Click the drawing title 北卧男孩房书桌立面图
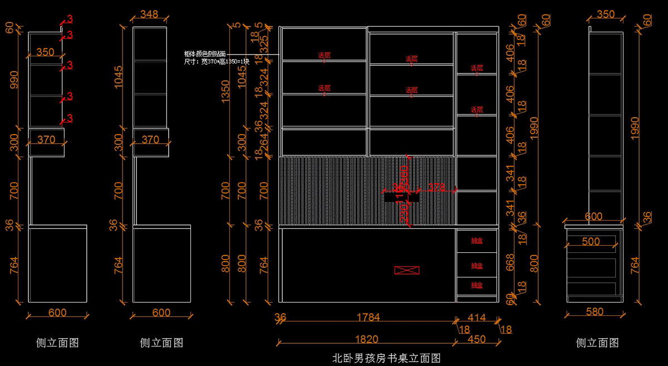(x=386, y=358)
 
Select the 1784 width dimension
(x=368, y=318)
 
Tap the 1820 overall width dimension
(x=366, y=339)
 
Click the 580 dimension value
(x=595, y=312)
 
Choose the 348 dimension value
(x=149, y=14)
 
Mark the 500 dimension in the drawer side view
(x=591, y=242)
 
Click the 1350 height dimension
(x=225, y=90)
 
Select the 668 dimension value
(x=522, y=262)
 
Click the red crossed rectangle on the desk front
(x=407, y=270)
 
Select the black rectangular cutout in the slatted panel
(x=401, y=197)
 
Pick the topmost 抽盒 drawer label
(x=477, y=241)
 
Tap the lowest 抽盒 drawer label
(x=477, y=285)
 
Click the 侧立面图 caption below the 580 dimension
(x=597, y=343)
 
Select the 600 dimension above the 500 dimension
(x=593, y=216)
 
